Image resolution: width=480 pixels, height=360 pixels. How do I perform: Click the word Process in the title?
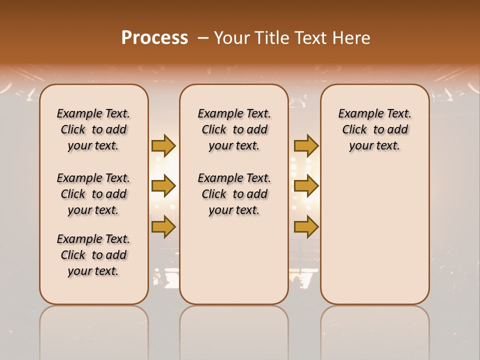coord(154,37)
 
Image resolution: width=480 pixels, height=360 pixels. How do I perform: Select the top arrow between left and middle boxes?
coord(163,145)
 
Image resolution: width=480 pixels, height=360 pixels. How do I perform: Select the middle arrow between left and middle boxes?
coord(163,186)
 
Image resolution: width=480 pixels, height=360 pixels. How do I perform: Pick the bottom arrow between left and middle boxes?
coord(163,226)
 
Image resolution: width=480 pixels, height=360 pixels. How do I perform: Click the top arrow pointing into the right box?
coord(306,145)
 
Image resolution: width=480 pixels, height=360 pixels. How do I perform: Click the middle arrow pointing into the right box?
coord(306,186)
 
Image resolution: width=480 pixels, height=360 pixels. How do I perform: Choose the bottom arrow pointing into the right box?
coord(306,226)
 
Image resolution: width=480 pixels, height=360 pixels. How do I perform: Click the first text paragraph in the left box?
coord(93,129)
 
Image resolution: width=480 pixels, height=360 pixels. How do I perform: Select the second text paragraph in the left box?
coord(93,194)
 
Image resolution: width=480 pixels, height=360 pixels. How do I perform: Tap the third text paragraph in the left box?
coord(93,255)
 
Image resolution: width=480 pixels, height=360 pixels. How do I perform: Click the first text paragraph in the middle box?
coord(234,129)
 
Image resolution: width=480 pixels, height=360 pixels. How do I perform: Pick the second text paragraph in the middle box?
coord(234,194)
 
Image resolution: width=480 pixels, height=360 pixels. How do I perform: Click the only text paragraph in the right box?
coord(374,129)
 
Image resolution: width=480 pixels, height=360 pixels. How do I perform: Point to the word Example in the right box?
coord(357,114)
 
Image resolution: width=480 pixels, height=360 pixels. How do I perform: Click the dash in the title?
coord(203,38)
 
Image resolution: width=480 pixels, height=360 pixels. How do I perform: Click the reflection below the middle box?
coord(234,330)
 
